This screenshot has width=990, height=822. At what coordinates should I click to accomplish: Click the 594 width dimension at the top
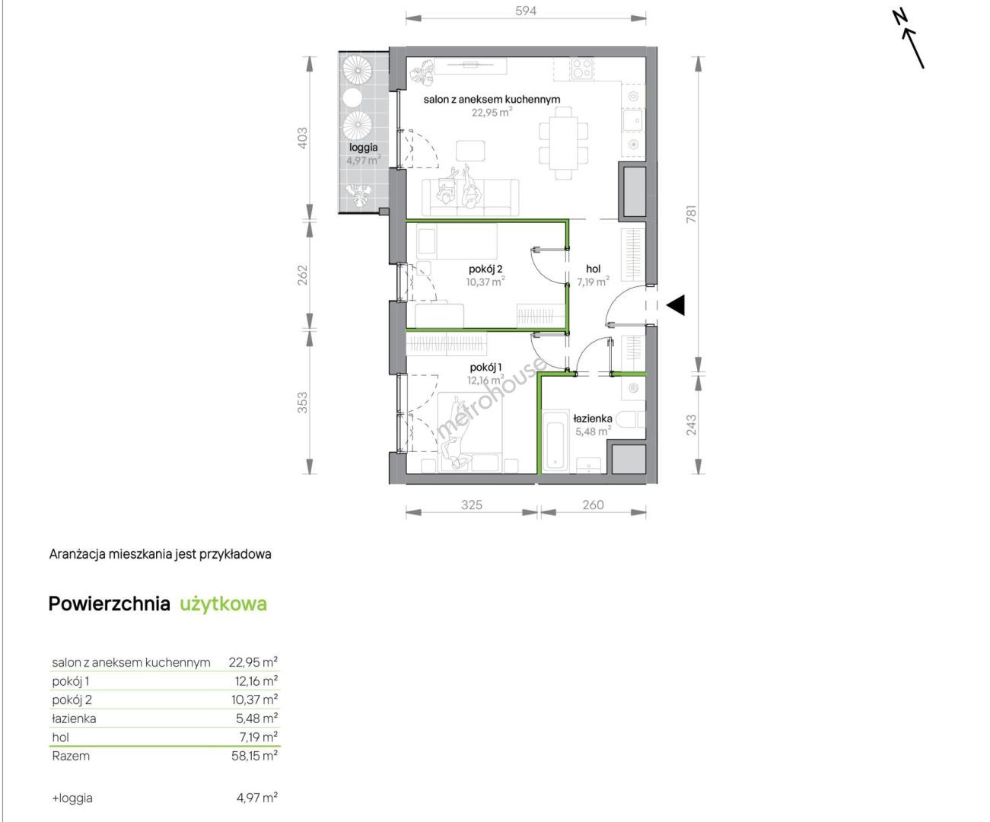tap(526, 11)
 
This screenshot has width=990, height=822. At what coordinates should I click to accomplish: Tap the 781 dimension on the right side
tap(691, 214)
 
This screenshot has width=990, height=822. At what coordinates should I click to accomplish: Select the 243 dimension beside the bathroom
tap(691, 425)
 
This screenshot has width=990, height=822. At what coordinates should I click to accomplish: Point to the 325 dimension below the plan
tap(471, 505)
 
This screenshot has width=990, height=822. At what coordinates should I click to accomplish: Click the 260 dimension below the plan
tap(593, 505)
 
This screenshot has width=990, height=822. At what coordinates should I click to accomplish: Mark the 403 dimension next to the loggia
tap(303, 138)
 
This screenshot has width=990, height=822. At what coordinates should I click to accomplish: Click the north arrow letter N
tap(899, 18)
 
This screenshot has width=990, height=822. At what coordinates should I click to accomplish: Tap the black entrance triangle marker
tap(676, 305)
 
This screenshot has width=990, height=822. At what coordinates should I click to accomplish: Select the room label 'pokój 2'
tap(485, 269)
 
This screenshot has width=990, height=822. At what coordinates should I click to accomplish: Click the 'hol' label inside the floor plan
tap(593, 269)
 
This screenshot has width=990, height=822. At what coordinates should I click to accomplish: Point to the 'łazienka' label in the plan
tap(593, 419)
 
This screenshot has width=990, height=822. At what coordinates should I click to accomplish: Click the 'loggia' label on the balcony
tap(363, 148)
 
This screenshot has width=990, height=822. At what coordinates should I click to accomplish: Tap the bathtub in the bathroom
tap(555, 441)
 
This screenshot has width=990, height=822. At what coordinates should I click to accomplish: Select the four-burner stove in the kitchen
tap(582, 68)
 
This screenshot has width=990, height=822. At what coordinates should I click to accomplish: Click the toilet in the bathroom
tap(635, 419)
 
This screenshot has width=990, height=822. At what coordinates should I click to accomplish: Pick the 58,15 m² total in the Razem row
tap(254, 756)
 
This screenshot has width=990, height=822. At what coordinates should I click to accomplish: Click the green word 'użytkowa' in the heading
tap(223, 604)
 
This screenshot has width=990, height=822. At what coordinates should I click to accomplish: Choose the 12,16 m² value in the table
tap(256, 681)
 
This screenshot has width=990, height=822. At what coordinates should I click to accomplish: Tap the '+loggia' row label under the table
tap(72, 798)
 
